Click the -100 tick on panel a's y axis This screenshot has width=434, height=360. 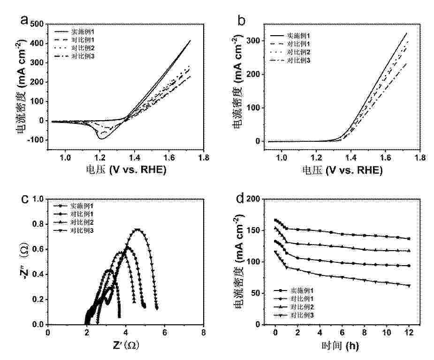tap(36, 140)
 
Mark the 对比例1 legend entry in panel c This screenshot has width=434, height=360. tap(82, 214)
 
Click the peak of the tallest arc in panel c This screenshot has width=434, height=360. tap(137, 230)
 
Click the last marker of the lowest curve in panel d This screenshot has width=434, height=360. tap(409, 285)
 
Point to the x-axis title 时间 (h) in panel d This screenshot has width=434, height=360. tap(340, 346)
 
